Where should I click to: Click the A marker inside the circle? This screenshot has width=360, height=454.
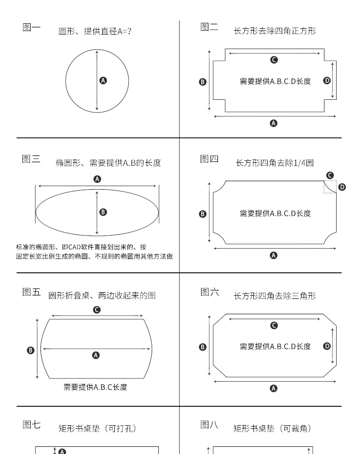(x=103, y=80)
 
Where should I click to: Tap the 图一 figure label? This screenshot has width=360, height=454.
(x=31, y=27)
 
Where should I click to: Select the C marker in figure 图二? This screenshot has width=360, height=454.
(x=274, y=60)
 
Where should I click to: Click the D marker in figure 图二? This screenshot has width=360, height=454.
(x=327, y=80)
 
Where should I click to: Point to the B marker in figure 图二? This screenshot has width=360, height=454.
(x=202, y=82)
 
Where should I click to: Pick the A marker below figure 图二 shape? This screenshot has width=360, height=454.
(x=274, y=123)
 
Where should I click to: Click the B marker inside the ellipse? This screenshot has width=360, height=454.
(x=103, y=212)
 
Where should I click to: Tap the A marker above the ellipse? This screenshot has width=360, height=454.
(x=97, y=179)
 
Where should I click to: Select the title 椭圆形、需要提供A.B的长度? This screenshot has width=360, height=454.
(x=108, y=163)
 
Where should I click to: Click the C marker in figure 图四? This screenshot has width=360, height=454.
(x=330, y=175)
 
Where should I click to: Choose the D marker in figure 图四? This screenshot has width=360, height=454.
(x=342, y=187)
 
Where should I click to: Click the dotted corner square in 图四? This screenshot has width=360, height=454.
(x=330, y=187)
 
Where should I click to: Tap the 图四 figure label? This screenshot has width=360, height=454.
(x=209, y=159)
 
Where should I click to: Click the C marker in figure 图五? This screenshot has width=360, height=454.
(x=96, y=310)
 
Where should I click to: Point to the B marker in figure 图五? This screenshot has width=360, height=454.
(x=31, y=350)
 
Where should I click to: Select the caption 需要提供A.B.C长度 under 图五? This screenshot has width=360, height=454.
(x=95, y=387)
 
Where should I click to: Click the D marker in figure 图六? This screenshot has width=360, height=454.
(x=327, y=346)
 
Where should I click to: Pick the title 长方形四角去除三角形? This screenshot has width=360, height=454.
(x=275, y=296)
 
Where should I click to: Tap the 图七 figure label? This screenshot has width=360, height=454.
(x=31, y=424)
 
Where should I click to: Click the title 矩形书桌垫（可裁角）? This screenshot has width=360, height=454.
(x=272, y=429)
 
